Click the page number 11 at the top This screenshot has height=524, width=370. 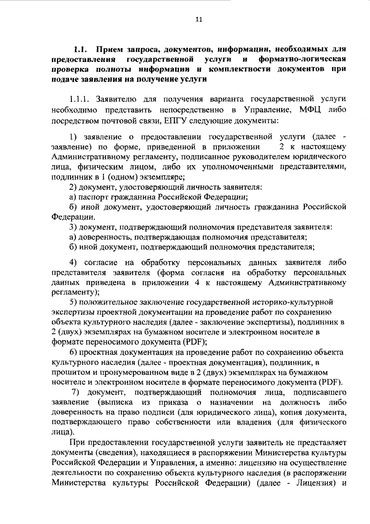coord(199,20)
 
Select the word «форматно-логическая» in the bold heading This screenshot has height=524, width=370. coord(302,59)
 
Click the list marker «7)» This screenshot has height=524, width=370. coord(76,392)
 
